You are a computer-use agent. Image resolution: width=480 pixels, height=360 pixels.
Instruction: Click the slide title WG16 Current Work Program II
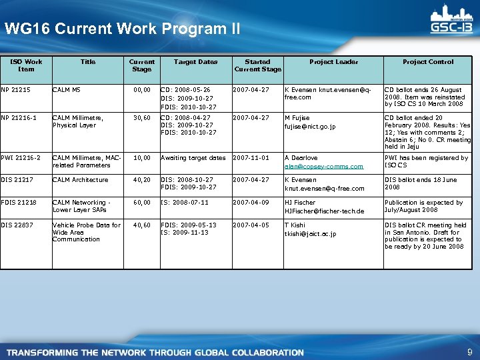pos(122,29)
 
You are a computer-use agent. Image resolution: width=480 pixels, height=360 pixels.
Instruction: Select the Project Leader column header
pos(333,62)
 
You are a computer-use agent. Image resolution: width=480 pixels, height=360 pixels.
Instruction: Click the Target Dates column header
pos(195,62)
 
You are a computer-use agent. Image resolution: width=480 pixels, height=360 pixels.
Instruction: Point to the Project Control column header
pos(427,62)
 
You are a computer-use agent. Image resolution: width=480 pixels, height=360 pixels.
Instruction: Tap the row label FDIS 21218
pos(19,202)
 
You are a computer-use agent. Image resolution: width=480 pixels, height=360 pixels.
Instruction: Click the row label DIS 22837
pos(18,225)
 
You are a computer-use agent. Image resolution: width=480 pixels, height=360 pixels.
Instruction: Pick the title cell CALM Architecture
pos(80,179)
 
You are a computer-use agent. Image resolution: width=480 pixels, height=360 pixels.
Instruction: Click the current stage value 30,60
pos(141,118)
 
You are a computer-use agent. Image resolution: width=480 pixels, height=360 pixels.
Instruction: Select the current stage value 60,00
pos(141,202)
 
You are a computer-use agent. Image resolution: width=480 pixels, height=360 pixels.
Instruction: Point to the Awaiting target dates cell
pos(193,158)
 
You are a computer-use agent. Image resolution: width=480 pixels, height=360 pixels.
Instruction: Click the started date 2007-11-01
pos(251,158)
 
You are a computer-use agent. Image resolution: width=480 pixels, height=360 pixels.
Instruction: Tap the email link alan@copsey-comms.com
pos(324,167)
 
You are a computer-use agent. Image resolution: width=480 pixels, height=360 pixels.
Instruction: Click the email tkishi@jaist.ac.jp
pos(311,234)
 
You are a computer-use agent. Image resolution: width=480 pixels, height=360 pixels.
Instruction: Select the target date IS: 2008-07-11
pos(185,202)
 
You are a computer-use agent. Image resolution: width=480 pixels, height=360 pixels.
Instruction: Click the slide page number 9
pos(469,351)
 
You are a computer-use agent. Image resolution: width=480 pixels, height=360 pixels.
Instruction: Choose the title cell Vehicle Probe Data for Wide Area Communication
pos(87,232)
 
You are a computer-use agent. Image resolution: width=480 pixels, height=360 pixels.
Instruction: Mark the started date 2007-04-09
pos(251,202)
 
